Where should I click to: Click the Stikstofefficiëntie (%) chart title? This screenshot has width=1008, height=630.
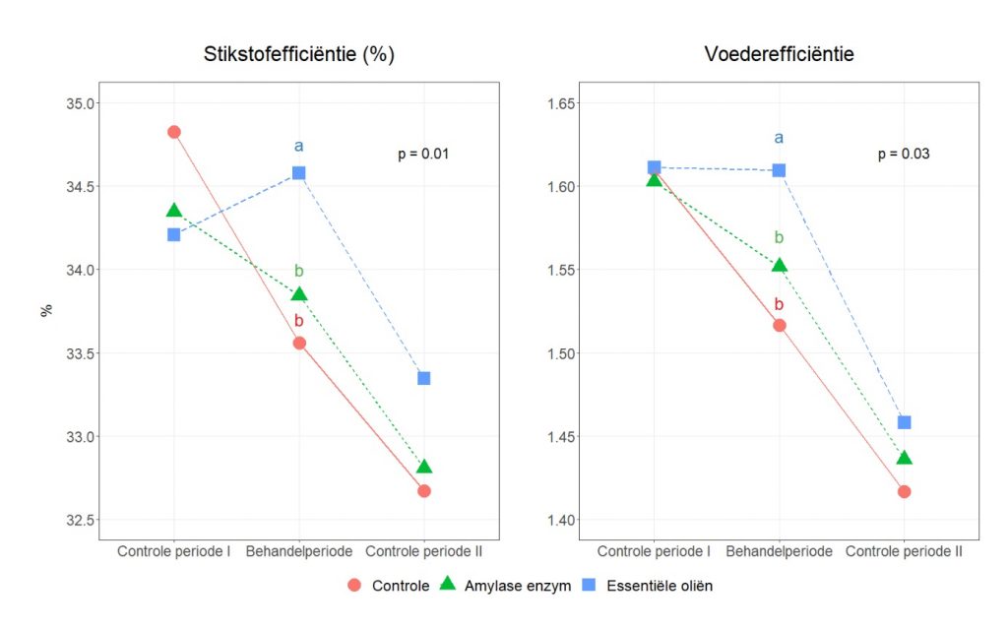coord(299,54)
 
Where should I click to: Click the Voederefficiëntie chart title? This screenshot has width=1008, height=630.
coord(779,54)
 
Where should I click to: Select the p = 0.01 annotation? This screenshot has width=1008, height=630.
coord(424,154)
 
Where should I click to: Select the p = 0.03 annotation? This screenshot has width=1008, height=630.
coord(904,154)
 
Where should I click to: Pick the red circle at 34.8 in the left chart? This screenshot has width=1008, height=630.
coord(174,132)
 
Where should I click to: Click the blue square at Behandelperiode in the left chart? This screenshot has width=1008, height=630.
coord(299,173)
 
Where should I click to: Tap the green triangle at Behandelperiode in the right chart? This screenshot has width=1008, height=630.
coord(780,265)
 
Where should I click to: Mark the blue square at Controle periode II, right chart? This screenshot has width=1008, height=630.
coord(904,422)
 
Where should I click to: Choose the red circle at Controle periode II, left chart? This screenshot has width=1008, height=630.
coord(424,490)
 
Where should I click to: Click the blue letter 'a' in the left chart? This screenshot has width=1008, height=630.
coord(299,147)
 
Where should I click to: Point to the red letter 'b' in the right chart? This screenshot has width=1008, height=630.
coord(779,305)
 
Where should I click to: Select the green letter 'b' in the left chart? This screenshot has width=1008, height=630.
coord(299,272)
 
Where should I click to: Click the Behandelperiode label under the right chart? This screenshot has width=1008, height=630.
coord(779,552)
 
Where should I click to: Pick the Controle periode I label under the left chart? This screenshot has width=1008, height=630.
coord(174,552)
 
